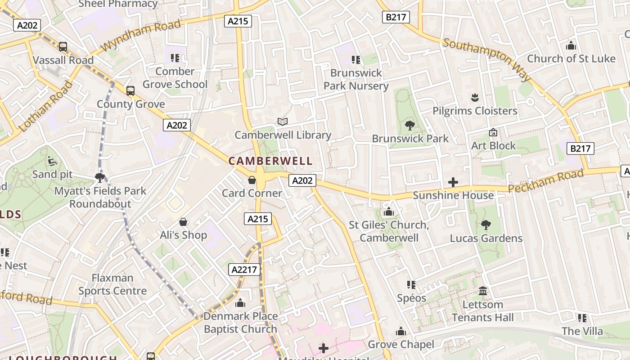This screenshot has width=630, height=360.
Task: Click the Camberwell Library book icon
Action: click(x=283, y=121)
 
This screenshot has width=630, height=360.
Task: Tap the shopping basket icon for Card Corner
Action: click(x=252, y=180)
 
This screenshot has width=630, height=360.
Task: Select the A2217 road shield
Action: click(x=245, y=270)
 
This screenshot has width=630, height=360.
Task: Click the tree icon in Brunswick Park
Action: click(x=409, y=125)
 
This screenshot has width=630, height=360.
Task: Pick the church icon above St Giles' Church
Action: click(x=389, y=211)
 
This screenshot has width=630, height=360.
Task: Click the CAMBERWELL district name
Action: click(x=270, y=161)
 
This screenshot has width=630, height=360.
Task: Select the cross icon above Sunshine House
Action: click(x=453, y=182)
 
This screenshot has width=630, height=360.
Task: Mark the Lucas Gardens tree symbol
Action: click(x=486, y=225)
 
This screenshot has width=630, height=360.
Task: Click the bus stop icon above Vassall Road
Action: click(x=63, y=47)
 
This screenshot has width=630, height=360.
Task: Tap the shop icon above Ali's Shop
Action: click(x=183, y=222)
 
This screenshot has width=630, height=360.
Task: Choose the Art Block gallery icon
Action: click(x=493, y=133)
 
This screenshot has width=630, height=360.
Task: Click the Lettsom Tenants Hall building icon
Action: click(x=483, y=291)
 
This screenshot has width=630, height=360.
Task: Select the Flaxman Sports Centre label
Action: click(x=112, y=284)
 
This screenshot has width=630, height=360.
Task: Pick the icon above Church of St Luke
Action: click(x=571, y=45)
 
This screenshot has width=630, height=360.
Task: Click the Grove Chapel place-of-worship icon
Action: click(x=401, y=332)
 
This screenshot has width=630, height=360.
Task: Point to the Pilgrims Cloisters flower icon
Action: click(x=474, y=97)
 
